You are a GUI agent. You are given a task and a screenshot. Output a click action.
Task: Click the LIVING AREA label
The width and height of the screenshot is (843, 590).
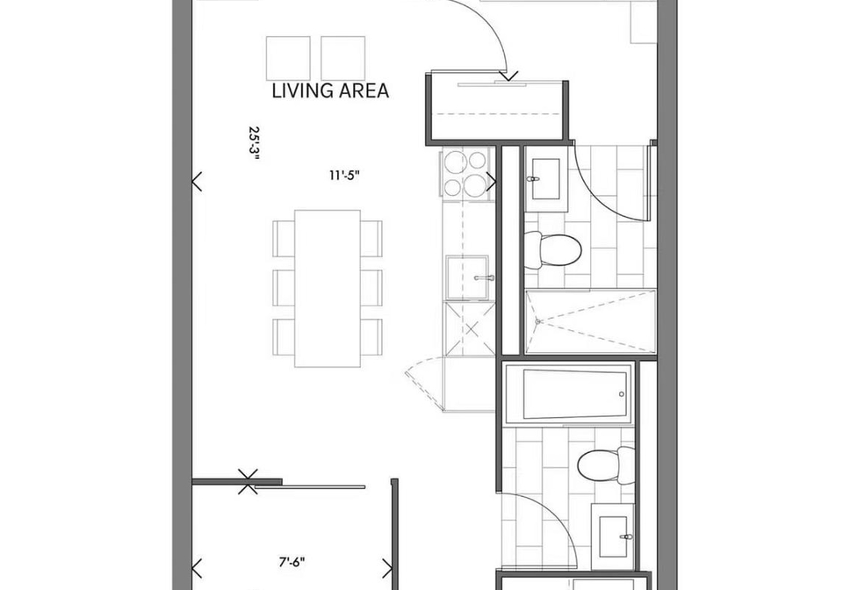(330, 90)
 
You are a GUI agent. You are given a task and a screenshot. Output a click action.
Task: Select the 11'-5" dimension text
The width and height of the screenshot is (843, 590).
(344, 176)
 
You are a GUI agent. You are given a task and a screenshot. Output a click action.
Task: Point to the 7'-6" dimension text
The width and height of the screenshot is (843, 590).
(292, 563)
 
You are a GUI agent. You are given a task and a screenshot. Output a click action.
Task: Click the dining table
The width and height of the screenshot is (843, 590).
(328, 289)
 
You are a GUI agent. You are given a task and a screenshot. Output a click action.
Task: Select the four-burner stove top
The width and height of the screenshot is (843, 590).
(465, 173)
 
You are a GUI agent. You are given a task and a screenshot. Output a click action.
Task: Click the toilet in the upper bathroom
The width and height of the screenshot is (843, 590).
(552, 250)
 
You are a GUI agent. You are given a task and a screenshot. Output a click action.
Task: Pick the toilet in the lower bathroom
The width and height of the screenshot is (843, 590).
(606, 464)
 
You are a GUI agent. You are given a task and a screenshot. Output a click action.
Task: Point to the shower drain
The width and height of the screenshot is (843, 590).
(537, 321)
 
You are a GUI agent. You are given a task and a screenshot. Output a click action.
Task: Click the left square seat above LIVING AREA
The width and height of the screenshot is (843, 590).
(288, 58)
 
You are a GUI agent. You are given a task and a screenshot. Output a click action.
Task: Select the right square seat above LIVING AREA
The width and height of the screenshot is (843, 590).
(343, 58)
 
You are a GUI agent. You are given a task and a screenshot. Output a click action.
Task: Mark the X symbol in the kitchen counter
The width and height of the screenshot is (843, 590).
(472, 329)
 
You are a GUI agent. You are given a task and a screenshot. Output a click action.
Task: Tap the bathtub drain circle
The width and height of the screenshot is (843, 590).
(622, 394)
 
